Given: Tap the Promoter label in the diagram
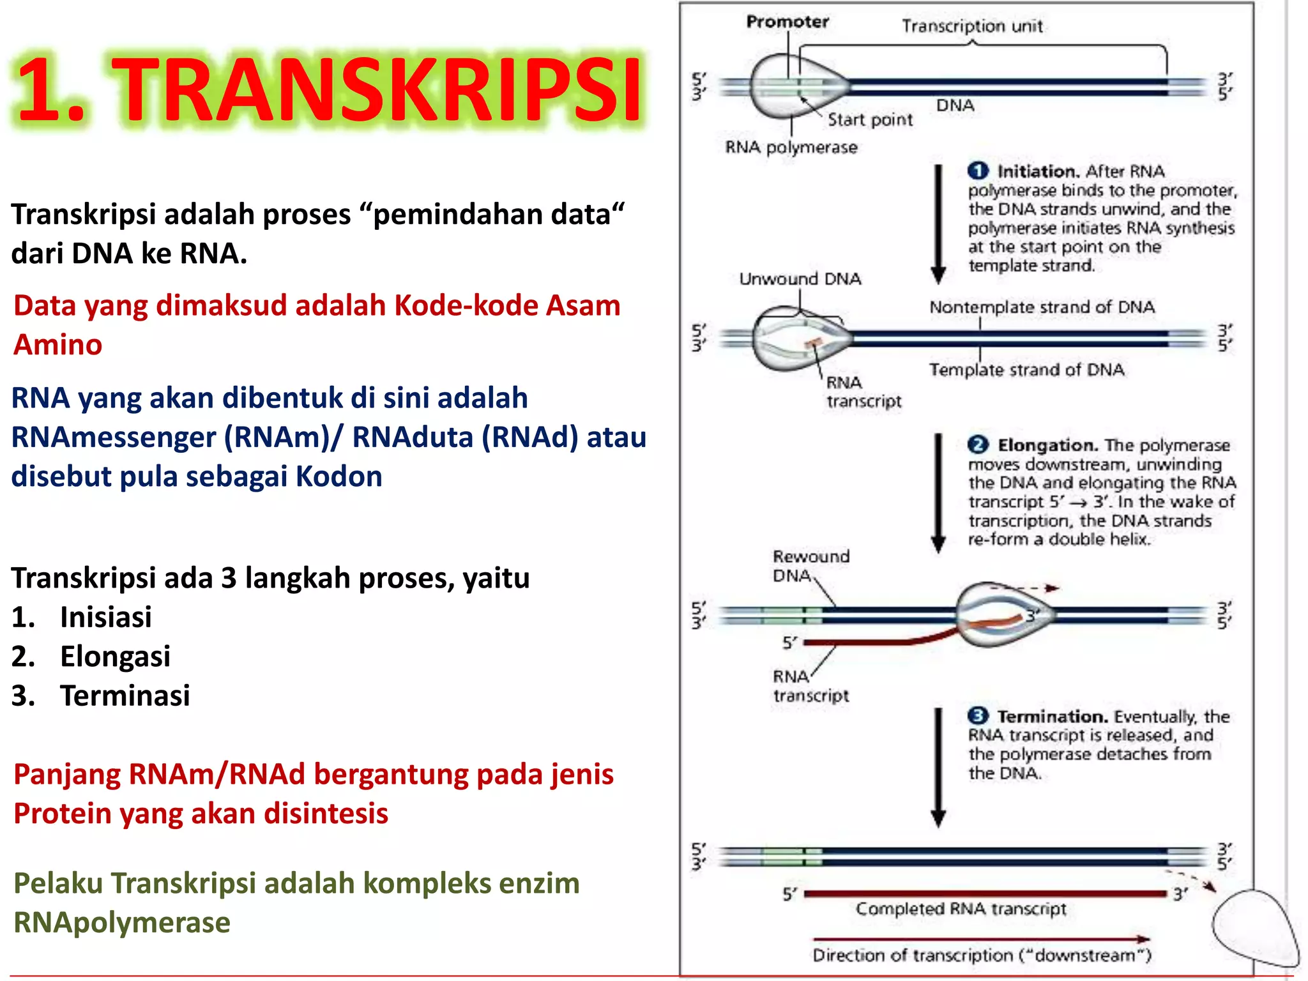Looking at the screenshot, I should click(x=787, y=22).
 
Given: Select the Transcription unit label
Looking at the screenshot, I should click(x=972, y=26).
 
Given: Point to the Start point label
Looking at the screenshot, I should click(x=870, y=120).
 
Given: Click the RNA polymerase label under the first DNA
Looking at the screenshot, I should click(x=791, y=148).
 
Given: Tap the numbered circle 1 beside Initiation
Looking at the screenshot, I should click(x=978, y=171).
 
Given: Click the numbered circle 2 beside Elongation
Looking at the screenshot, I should click(x=978, y=445).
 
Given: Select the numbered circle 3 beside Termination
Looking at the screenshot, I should click(x=978, y=716).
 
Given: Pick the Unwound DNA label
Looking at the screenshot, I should click(x=800, y=279).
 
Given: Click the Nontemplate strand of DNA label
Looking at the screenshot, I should click(x=1042, y=307).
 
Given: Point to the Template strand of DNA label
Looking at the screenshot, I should click(x=1026, y=370).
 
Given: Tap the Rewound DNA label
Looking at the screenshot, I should click(x=810, y=566).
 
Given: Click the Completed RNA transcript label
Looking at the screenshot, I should click(x=961, y=909).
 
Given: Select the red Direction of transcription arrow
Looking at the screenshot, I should click(x=980, y=939).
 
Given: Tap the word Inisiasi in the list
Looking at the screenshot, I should click(x=106, y=617).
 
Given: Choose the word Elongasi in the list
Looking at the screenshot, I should click(x=115, y=657).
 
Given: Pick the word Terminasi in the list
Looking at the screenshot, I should click(x=125, y=696).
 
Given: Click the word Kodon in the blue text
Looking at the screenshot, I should click(x=339, y=476).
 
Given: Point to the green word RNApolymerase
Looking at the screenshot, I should click(x=122, y=923).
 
